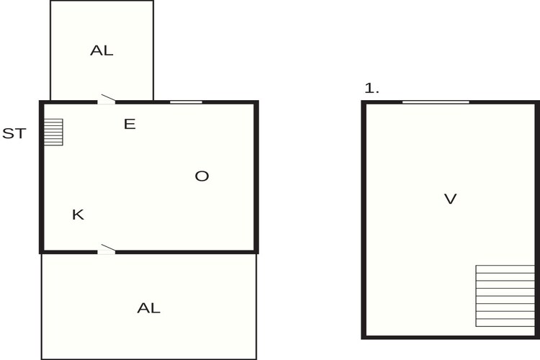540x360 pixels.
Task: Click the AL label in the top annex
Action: (102, 50)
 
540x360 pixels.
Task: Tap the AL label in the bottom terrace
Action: (149, 308)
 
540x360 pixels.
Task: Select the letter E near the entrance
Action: (130, 124)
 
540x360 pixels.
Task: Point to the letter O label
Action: (202, 176)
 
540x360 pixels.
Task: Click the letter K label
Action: (78, 215)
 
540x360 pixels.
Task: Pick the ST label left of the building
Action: (14, 133)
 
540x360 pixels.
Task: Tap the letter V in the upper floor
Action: (451, 199)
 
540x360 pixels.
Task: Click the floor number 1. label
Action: (372, 89)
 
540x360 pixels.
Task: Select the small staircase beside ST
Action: (53, 132)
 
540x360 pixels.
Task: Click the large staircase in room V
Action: (505, 296)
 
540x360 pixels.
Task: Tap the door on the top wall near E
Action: (107, 100)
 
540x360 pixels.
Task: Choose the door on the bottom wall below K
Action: (107, 251)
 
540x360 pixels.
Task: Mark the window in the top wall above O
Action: (186, 102)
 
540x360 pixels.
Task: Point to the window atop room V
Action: (436, 102)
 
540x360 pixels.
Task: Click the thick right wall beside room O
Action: (256, 177)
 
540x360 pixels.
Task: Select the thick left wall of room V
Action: (364, 220)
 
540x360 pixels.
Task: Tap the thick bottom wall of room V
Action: (451, 337)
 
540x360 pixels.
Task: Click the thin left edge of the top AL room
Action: (50, 50)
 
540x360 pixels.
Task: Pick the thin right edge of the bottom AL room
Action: (256, 307)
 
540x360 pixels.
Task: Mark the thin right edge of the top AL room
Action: (153, 50)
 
